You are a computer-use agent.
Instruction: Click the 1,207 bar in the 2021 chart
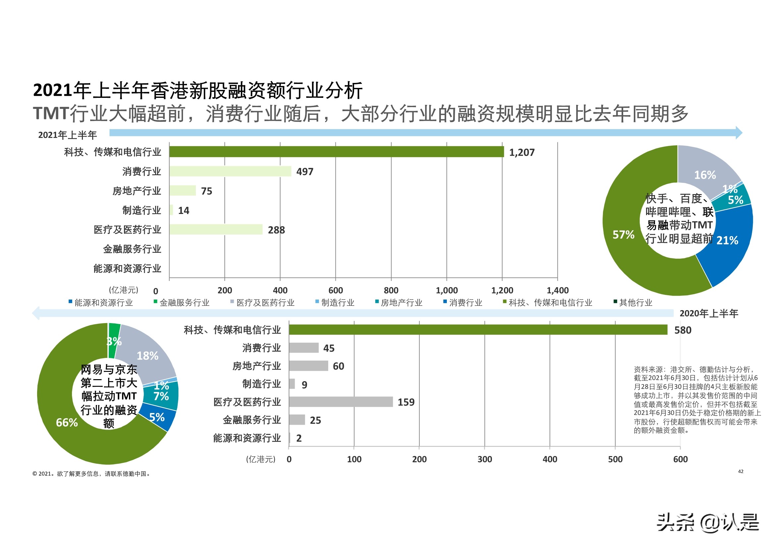(336, 152)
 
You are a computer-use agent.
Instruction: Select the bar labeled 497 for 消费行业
(230, 171)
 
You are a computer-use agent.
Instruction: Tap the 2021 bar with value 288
(216, 230)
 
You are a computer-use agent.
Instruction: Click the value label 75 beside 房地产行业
(207, 191)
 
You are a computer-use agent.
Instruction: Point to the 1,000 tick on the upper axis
(447, 290)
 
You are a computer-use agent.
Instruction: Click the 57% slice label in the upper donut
(623, 235)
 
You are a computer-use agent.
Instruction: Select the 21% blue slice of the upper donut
(729, 243)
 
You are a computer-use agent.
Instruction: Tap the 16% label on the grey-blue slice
(705, 175)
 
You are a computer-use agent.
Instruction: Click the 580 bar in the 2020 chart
(478, 330)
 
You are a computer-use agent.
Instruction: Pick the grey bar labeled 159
(341, 402)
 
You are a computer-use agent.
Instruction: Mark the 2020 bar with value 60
(309, 366)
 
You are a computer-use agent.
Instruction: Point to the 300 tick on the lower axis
(484, 459)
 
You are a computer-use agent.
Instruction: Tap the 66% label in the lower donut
(67, 422)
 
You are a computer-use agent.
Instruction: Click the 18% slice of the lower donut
(148, 356)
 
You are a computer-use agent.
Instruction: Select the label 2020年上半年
(709, 313)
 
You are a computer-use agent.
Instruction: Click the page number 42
(741, 471)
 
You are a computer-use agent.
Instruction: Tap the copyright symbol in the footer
(34, 474)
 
